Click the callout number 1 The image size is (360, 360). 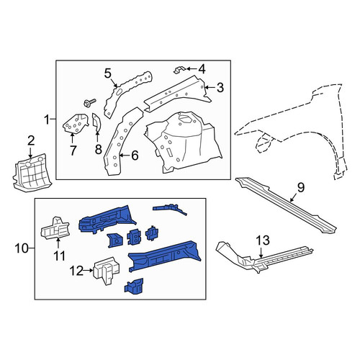[48, 120]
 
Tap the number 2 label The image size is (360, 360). [31, 141]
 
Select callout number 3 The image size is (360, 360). [220, 88]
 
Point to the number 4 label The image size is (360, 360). [202, 69]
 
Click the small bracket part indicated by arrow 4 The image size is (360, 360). [179, 70]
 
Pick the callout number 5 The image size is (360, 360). [108, 73]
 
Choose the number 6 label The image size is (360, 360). [135, 156]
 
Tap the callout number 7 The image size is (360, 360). [73, 150]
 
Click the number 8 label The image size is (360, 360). [99, 149]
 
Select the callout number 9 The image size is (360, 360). [301, 187]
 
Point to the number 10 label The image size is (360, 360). [22, 248]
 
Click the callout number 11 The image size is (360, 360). [59, 256]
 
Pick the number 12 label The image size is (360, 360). [77, 271]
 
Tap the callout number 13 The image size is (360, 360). [263, 240]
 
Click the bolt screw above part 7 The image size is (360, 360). [89, 102]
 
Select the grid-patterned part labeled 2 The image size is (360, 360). [32, 172]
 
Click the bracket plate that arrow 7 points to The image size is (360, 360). [75, 123]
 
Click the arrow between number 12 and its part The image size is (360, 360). [89, 271]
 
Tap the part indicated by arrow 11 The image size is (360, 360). [55, 228]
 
